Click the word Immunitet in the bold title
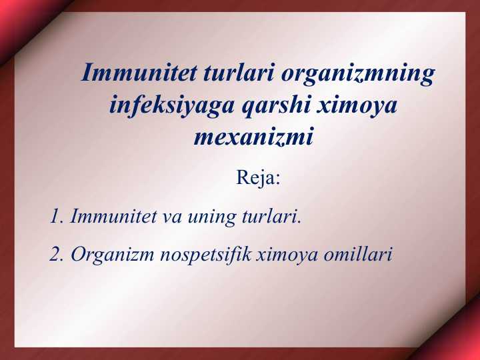click(x=139, y=72)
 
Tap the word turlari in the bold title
click(x=239, y=72)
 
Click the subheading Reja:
click(x=258, y=177)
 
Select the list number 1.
click(x=56, y=216)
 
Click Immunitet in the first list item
click(x=113, y=216)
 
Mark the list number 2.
click(x=57, y=254)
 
